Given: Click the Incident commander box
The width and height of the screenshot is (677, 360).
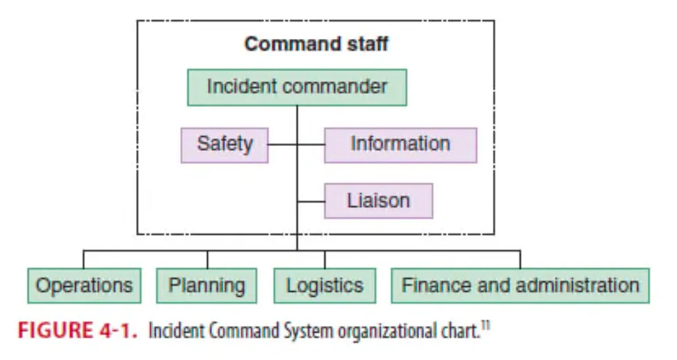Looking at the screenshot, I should click(x=297, y=87).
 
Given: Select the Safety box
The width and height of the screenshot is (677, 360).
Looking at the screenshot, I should click(x=225, y=145).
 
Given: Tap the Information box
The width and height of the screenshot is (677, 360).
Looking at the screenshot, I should click(x=400, y=145).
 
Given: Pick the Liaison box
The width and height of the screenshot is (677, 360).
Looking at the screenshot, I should click(x=378, y=201).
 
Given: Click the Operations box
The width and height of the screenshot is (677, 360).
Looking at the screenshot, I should click(x=84, y=285).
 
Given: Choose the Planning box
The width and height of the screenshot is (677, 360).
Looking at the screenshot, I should click(x=207, y=285).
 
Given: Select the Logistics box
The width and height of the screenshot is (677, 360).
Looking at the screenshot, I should click(x=325, y=285).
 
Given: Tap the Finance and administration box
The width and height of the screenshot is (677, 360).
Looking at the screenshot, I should click(x=520, y=285).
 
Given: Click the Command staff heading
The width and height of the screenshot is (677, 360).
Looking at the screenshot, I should click(x=316, y=44).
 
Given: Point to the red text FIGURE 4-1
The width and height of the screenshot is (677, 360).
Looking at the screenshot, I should click(x=78, y=330).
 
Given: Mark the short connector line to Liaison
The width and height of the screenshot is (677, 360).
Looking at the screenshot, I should click(x=311, y=201).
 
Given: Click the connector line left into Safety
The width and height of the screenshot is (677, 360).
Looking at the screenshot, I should click(x=282, y=145).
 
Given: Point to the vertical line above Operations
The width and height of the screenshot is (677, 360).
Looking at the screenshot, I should click(x=84, y=259).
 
